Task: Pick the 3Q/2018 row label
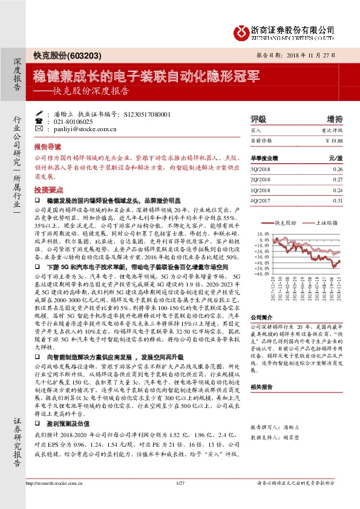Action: [260, 170]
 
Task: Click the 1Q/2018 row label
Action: [260, 190]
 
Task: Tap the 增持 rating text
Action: [334, 118]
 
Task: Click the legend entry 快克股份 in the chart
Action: [284, 222]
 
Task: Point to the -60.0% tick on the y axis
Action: [263, 274]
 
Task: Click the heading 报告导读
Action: [47, 147]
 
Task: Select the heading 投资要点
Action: [47, 189]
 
